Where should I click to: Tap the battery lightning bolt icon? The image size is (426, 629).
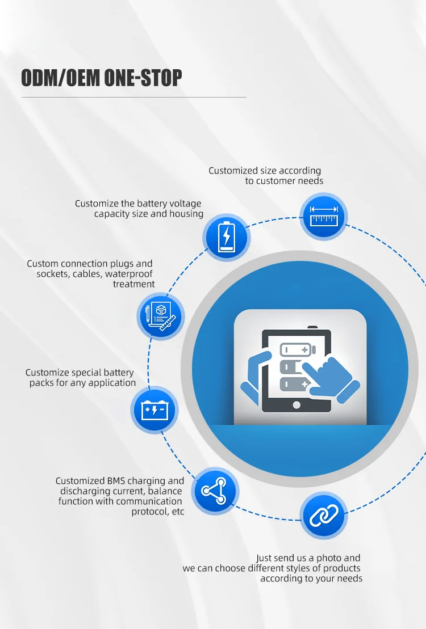coord(226,237)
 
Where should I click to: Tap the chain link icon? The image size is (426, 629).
coord(323,516)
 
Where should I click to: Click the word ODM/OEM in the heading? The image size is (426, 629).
coord(59,78)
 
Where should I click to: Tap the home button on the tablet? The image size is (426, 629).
coord(295,405)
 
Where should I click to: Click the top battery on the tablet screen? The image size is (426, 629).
coord(296,349)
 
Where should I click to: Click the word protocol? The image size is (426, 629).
coord(154,512)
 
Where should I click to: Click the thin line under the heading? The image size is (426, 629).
coord(133,97)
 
